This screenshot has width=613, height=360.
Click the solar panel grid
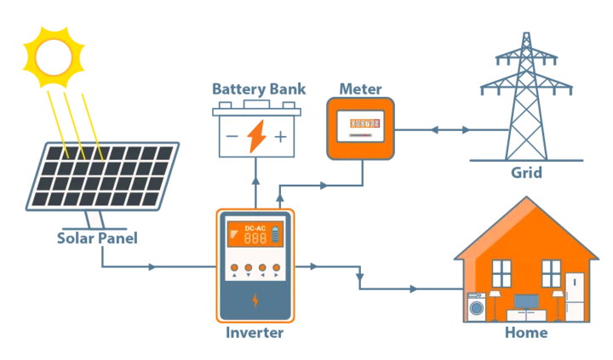click(102, 175)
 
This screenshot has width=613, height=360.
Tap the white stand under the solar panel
click(95, 220)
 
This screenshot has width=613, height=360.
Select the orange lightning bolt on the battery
click(255, 136)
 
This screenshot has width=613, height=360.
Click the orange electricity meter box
click(361, 129)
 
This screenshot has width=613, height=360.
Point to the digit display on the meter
click(361, 123)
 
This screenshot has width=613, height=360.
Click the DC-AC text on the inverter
click(255, 228)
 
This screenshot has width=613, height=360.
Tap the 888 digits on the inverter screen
click(255, 240)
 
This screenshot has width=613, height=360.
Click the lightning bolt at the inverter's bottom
click(255, 300)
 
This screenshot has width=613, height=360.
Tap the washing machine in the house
click(475, 306)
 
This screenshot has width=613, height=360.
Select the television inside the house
click(526, 301)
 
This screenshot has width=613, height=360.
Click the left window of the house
click(502, 273)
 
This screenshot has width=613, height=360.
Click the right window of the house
click(551, 273)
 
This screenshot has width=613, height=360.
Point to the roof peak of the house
click(527, 200)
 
